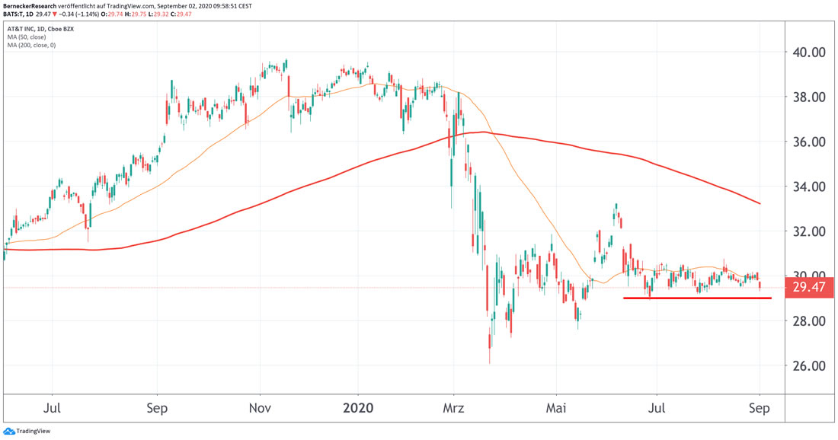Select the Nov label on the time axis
260,408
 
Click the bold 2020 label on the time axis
357,408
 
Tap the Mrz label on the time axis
453,408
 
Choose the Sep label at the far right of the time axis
759,408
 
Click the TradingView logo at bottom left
23,430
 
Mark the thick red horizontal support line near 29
697,298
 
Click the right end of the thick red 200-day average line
760,203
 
